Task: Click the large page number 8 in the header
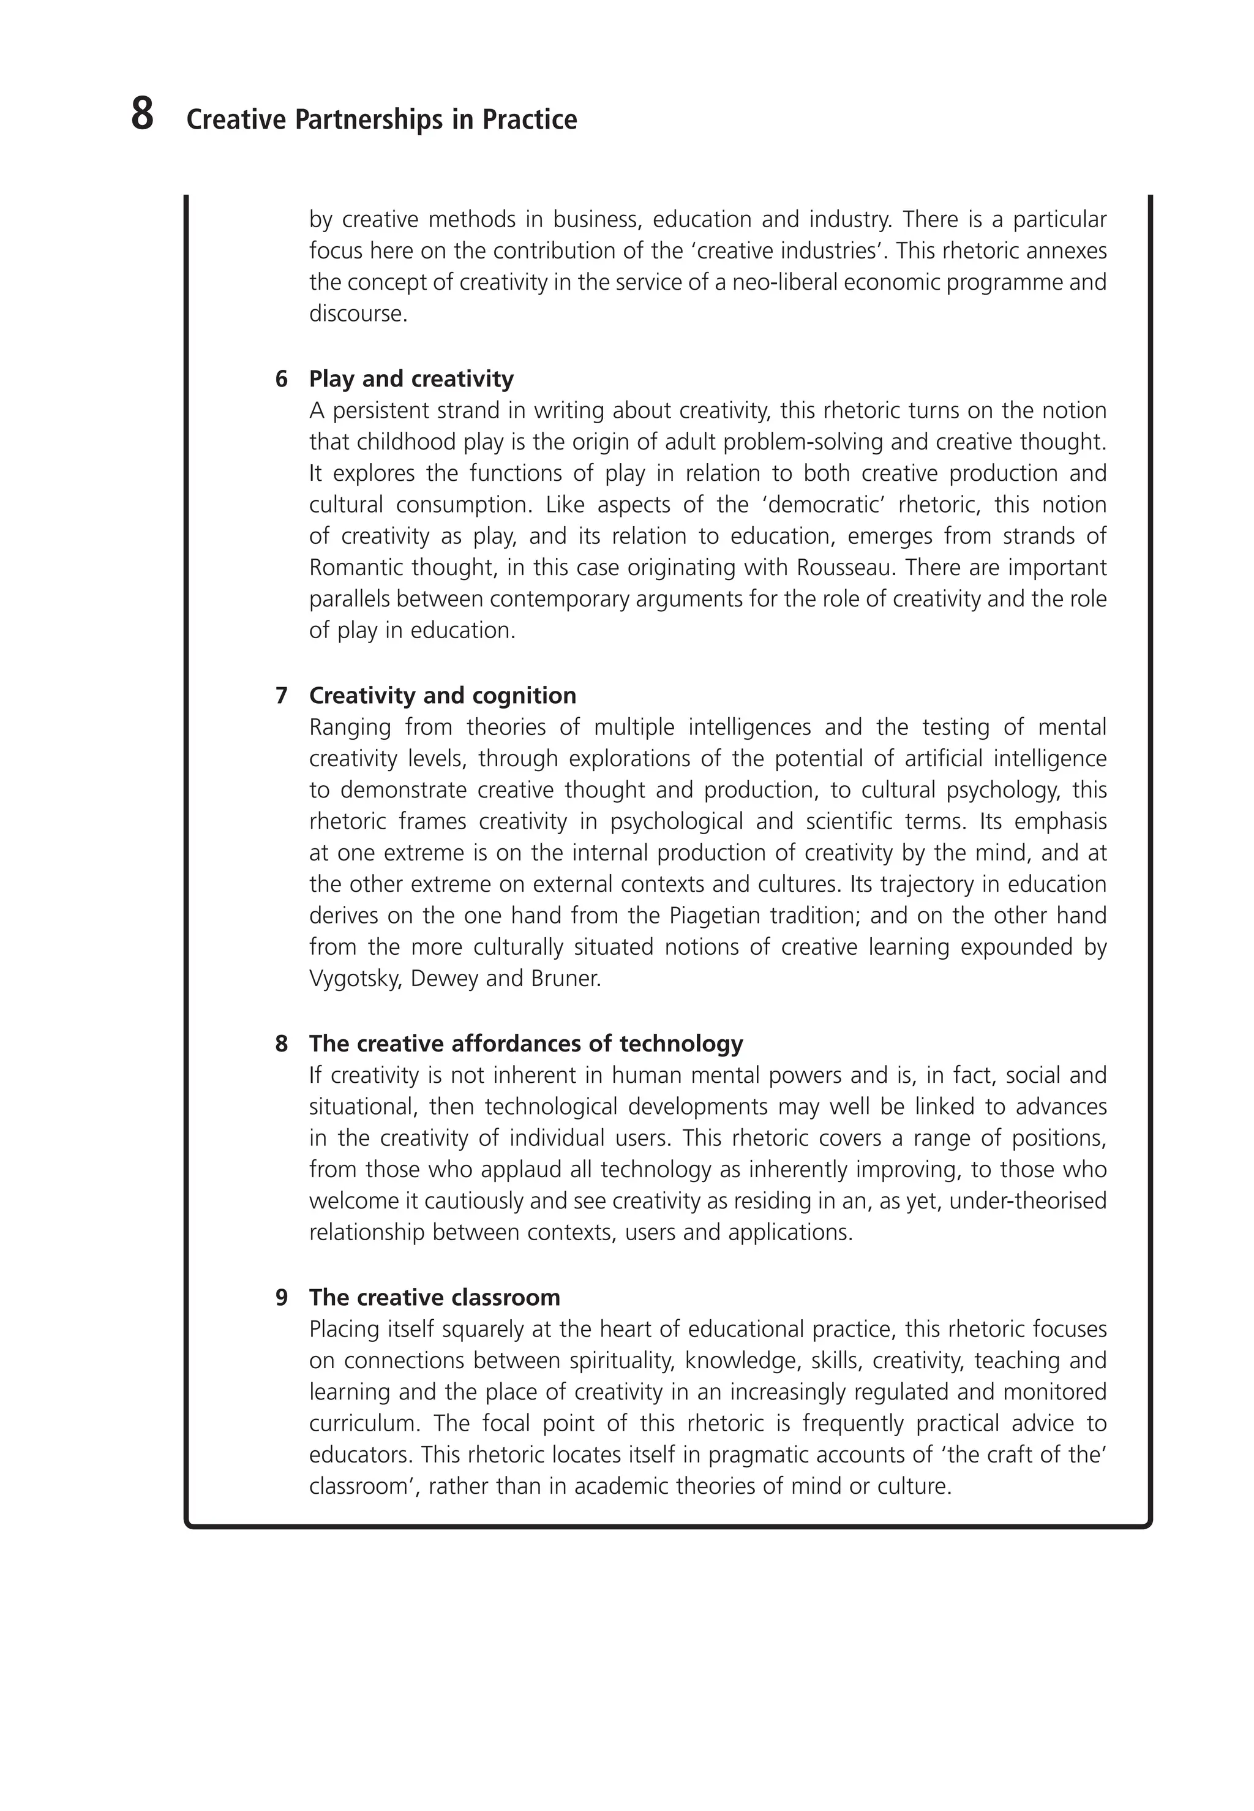[x=142, y=115]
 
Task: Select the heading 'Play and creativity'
[x=411, y=378]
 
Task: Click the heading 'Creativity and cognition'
[x=442, y=695]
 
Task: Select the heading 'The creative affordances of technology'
[x=525, y=1044]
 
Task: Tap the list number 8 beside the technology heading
[x=281, y=1044]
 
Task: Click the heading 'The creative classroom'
[x=435, y=1297]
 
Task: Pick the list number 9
[x=281, y=1297]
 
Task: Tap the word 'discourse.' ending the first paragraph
[x=358, y=314]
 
